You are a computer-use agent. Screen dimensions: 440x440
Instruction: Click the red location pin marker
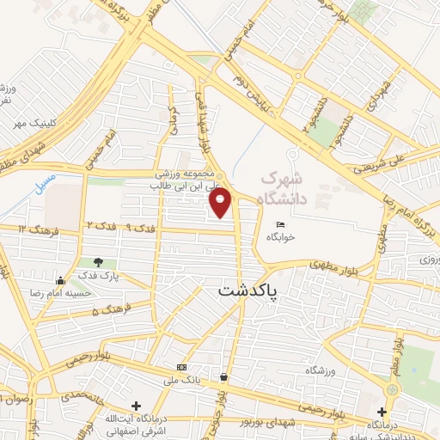coord(221,204)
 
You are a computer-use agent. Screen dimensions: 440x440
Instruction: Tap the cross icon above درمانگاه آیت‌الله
coord(135,405)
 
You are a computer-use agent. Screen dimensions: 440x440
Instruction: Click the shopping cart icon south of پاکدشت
coord(224,376)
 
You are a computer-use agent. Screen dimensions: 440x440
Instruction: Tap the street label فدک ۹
coord(141,227)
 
